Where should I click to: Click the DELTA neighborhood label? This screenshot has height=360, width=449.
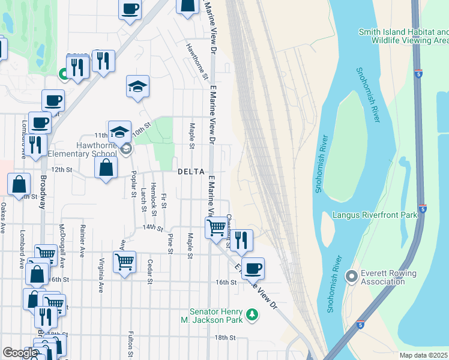[x=191, y=172]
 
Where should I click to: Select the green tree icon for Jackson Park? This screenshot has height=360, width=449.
[x=253, y=314]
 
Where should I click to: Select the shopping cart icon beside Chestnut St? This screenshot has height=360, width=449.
[x=215, y=227]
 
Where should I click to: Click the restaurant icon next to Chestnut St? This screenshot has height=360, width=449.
[x=241, y=240]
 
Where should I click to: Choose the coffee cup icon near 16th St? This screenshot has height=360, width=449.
[x=254, y=268]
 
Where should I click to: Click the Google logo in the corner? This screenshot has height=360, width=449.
[x=20, y=353]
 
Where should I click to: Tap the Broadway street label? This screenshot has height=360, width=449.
[x=43, y=192]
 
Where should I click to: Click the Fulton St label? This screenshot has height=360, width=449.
[x=130, y=343]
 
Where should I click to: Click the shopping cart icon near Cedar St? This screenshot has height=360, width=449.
[x=124, y=262]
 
